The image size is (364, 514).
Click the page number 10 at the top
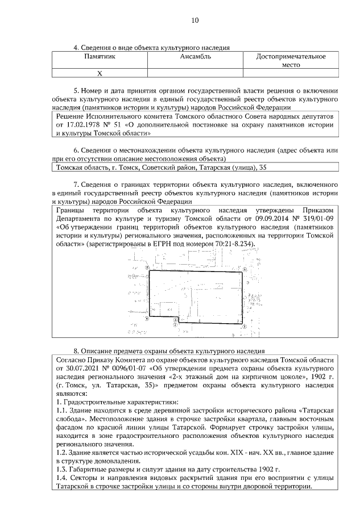pos(195,20)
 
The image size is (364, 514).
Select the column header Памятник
pos(100,57)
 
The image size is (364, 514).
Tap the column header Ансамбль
pos(196,57)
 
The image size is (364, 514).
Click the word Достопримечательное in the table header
pos(291,57)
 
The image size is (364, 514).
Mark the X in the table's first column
pos(100,73)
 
